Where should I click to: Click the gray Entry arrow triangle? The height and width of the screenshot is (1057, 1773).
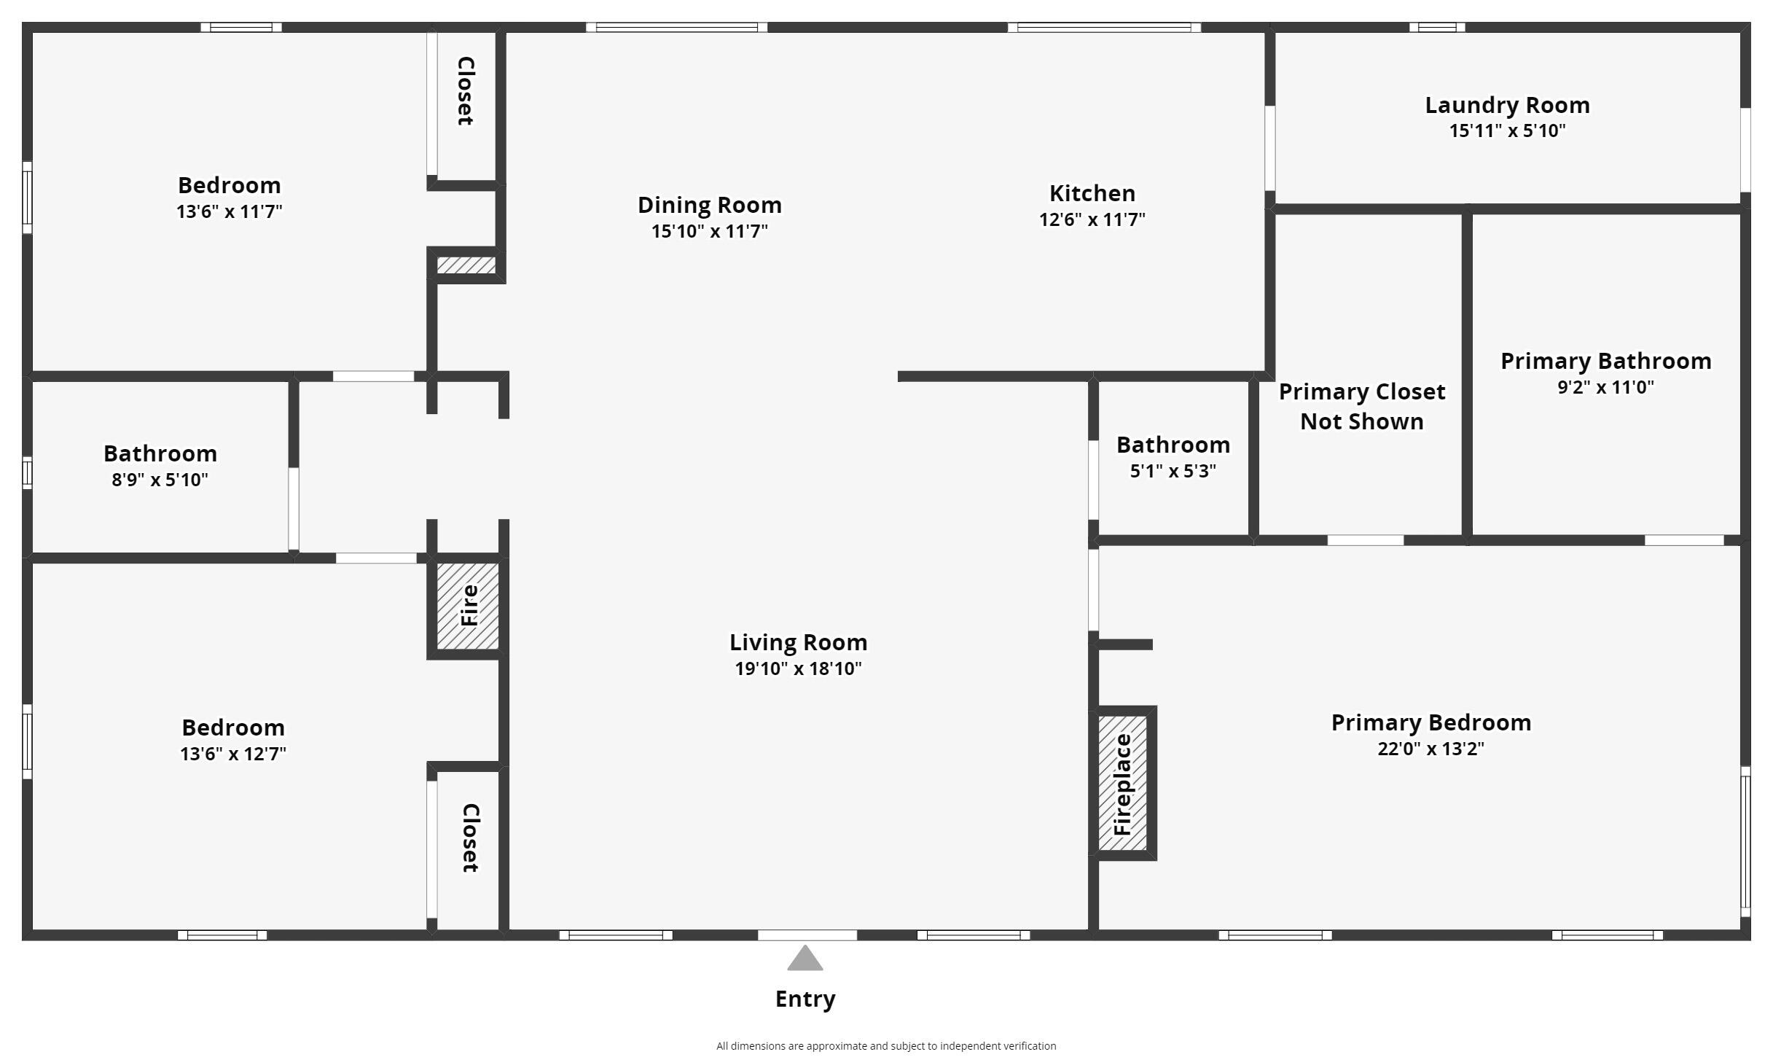coord(805,959)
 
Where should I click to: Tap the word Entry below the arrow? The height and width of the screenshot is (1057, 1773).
coord(805,999)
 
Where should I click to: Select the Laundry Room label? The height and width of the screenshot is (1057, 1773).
coord(1507,106)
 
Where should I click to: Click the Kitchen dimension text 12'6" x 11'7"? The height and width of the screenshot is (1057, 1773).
coord(1092,219)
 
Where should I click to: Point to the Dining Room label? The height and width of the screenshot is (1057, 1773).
coord(709,206)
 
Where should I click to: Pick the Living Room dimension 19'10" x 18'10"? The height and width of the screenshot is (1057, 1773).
coord(798,668)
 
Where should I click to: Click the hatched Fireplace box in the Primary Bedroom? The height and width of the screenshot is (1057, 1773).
coord(1122,784)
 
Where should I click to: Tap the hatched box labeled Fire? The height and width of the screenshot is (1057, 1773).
coord(468,606)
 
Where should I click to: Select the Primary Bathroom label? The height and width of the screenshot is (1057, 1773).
coord(1605,361)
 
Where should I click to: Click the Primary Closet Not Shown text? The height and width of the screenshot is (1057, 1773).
coord(1361,406)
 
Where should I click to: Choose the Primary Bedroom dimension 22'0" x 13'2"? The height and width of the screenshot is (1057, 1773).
coord(1430,749)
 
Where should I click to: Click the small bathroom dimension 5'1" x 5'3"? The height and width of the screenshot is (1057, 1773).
coord(1173,471)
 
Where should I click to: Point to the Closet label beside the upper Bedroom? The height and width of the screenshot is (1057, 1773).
coord(465,91)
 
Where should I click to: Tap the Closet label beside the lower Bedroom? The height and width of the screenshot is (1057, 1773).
coord(470,838)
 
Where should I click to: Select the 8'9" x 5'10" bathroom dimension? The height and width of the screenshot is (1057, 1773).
coord(160,480)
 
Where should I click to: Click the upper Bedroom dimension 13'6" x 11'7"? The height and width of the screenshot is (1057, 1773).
coord(229,211)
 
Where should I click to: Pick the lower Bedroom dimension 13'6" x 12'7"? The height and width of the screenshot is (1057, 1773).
coord(232,754)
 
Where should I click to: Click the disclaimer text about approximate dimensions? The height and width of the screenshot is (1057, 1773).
coord(885,1046)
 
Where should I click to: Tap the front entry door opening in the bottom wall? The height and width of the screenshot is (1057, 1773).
coord(807,935)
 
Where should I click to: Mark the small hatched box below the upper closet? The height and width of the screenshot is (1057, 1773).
coord(466,265)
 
